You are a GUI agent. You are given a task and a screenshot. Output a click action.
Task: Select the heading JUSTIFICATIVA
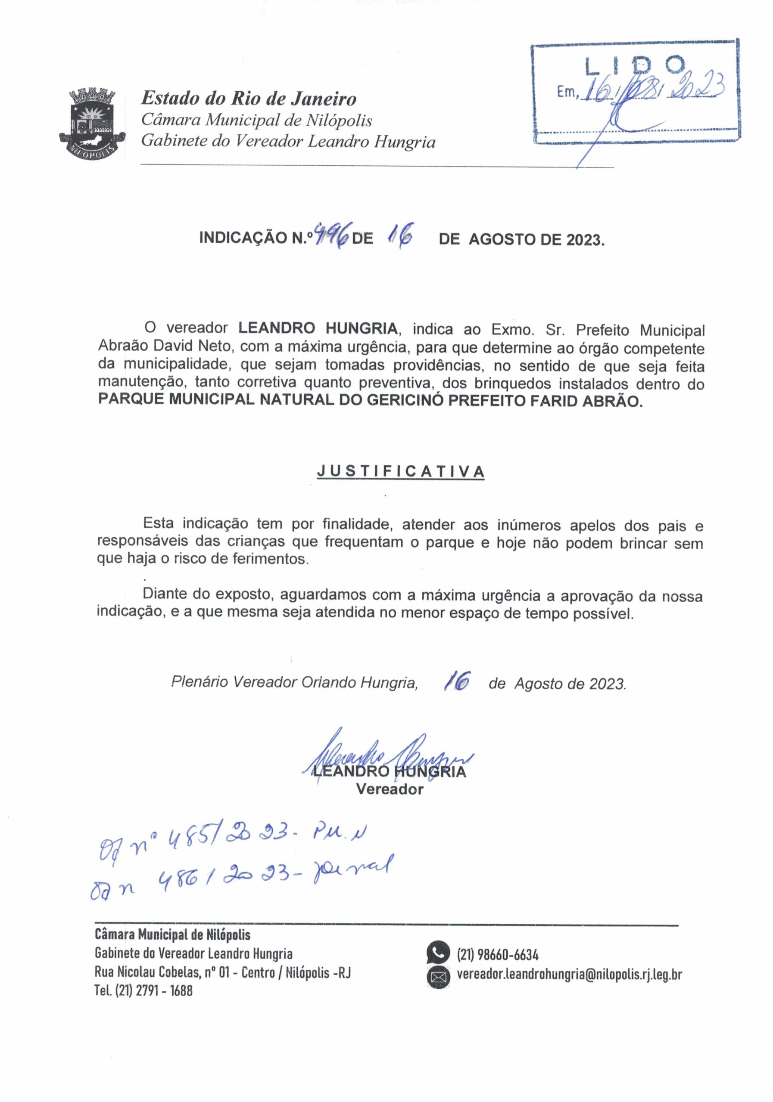pyautogui.click(x=400, y=471)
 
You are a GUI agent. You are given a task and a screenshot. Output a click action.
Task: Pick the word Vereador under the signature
pyautogui.click(x=389, y=789)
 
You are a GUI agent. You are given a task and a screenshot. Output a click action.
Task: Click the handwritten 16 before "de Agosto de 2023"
pyautogui.click(x=457, y=681)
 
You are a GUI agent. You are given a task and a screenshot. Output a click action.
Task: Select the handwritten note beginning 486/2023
pyautogui.click(x=240, y=882)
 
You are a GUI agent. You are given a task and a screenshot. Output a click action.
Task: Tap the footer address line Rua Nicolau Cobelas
pyautogui.click(x=222, y=973)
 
